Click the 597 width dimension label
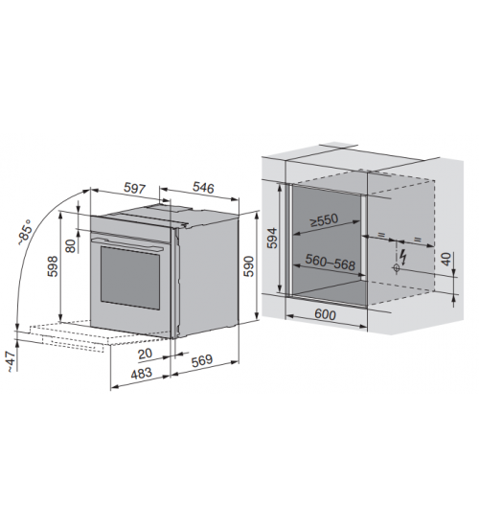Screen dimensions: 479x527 pos(135,188)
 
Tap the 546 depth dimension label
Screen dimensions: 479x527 pos(203,187)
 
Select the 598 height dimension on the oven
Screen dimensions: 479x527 pos(53,266)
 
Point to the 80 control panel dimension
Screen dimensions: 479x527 pos(71,245)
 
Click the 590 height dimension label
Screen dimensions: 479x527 pos(249,265)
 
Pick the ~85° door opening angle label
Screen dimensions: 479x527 pos(26,232)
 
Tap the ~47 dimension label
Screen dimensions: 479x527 pos(11,361)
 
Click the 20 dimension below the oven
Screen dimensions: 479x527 pos(145,354)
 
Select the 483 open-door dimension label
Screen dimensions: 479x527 pos(141,373)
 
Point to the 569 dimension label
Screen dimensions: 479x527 pos(202,360)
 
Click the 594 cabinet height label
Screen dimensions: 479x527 pos(273,238)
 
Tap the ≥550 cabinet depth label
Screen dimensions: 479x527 pos(324,220)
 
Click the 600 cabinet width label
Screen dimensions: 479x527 pos(325,314)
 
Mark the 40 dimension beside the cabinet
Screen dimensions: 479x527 pos(446,259)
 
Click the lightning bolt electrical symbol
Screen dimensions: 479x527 pos(403,257)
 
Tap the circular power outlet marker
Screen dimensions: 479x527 pos(396,268)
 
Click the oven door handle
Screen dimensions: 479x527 pos(128,244)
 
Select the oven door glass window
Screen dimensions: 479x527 pos(129,278)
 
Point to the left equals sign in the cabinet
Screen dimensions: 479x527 pos(381,235)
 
